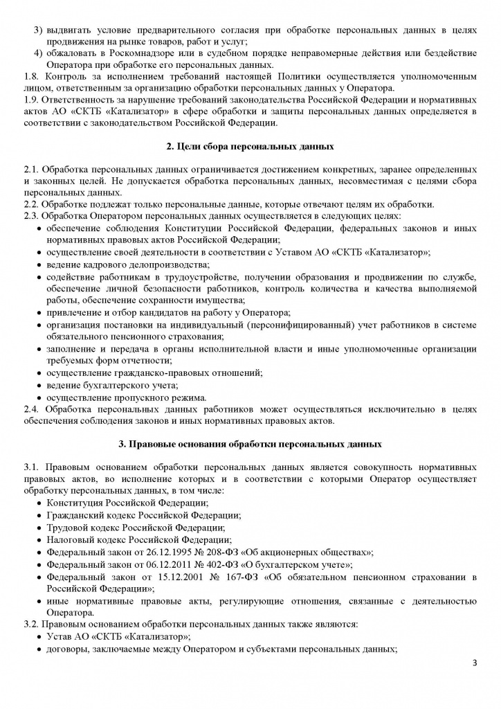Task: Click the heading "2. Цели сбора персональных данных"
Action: pos(250,147)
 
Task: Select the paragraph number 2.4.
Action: pos(32,409)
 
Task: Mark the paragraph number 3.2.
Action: pos(32,624)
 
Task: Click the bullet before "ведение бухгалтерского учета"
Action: pos(38,385)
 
